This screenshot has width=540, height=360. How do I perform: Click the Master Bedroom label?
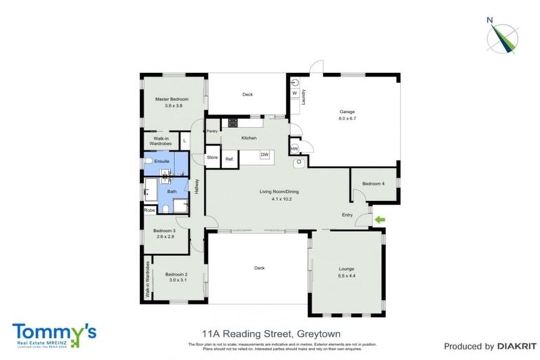[x=169, y=99]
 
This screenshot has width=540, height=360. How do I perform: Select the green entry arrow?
[x=380, y=220]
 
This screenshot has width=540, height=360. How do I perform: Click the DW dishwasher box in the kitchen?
[x=265, y=155]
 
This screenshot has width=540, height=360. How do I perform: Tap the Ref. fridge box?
[x=229, y=159]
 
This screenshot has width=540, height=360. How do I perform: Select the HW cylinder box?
[x=294, y=148]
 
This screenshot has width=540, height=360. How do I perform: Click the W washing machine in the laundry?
[x=295, y=93]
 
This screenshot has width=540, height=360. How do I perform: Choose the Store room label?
[x=212, y=157]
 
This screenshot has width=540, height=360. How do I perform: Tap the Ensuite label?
[x=162, y=162]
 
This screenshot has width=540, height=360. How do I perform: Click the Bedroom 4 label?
[x=373, y=184]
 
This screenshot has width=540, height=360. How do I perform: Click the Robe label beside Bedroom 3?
[x=149, y=210]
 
